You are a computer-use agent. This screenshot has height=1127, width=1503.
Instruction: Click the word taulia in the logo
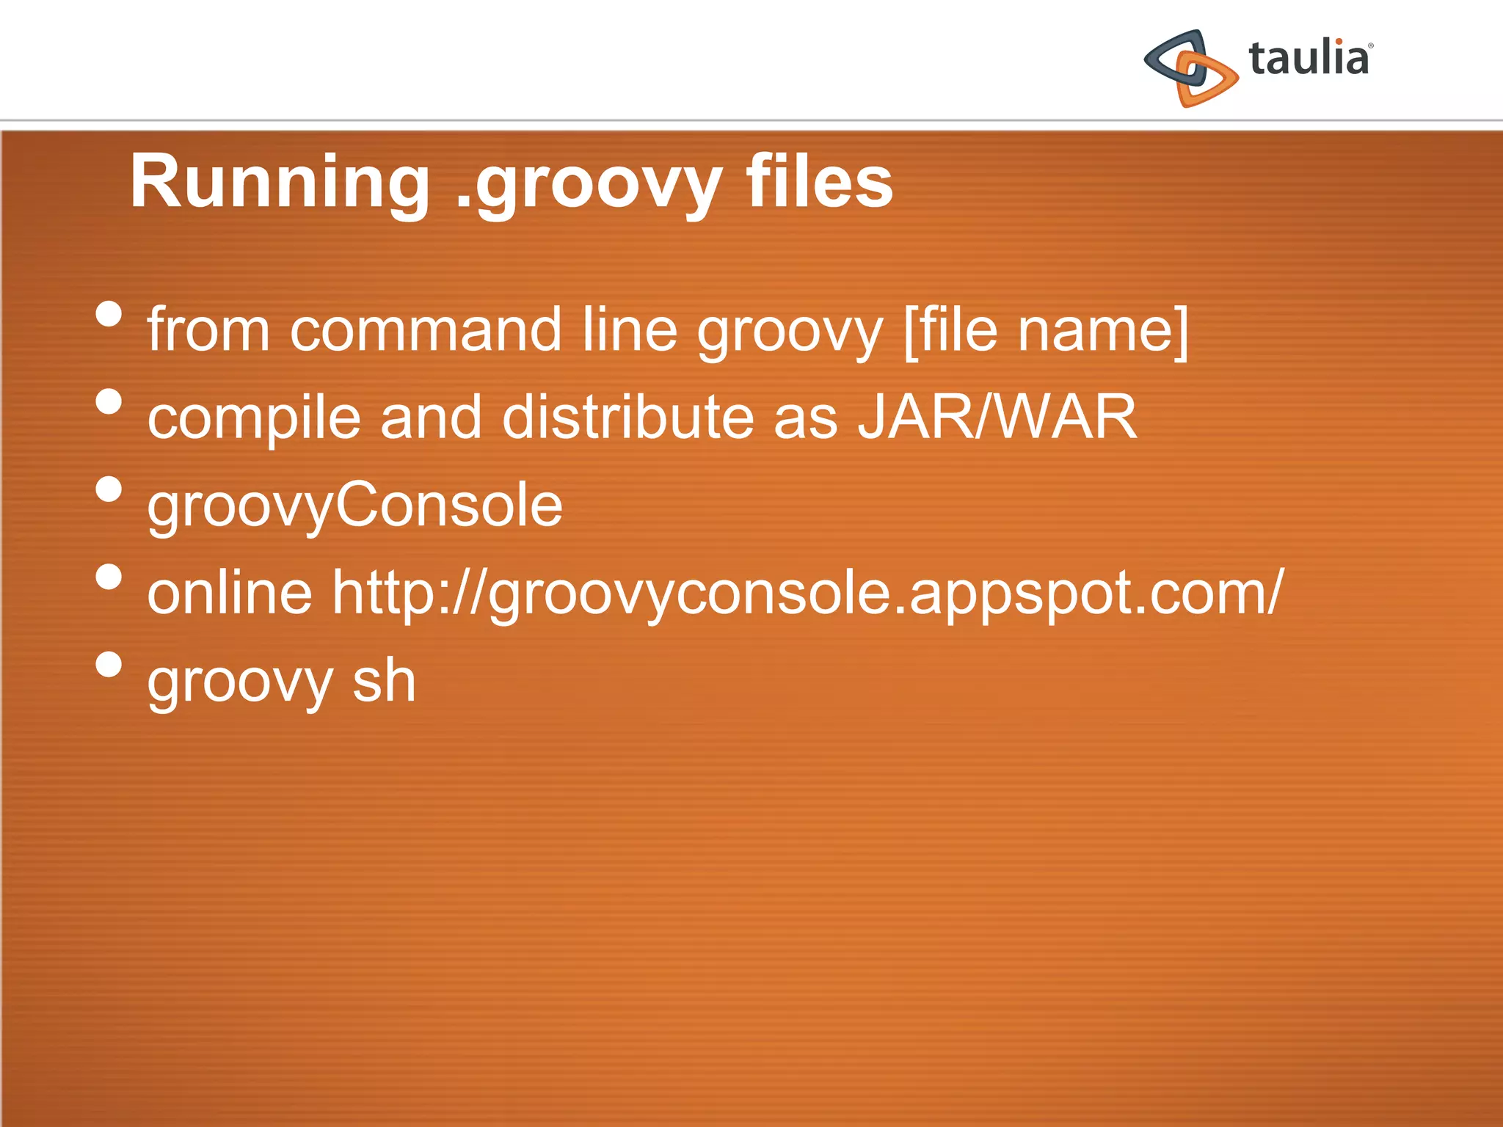click(x=1309, y=59)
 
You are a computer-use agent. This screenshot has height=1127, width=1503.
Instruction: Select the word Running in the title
click(x=280, y=183)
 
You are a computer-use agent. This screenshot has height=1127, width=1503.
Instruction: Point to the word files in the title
click(x=819, y=183)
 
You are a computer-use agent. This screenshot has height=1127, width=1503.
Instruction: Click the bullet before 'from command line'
click(x=109, y=314)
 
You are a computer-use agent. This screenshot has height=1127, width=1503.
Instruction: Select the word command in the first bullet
click(x=426, y=330)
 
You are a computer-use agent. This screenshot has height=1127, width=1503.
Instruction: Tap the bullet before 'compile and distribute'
click(x=109, y=401)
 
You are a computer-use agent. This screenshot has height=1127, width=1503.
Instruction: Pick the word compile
click(x=254, y=417)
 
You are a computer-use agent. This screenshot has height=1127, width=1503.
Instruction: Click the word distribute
click(x=628, y=417)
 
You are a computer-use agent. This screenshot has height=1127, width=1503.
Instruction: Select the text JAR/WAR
click(x=997, y=417)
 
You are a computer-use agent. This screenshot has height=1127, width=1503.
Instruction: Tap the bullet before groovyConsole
click(x=109, y=489)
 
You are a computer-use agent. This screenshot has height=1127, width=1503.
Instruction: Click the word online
click(x=230, y=592)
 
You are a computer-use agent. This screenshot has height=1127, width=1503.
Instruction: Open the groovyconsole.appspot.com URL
click(x=807, y=592)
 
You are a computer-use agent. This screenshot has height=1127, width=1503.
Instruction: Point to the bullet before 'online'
click(x=109, y=576)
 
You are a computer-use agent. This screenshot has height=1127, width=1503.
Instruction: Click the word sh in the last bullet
click(x=384, y=681)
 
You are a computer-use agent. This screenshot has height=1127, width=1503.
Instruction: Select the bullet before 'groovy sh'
click(x=109, y=664)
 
